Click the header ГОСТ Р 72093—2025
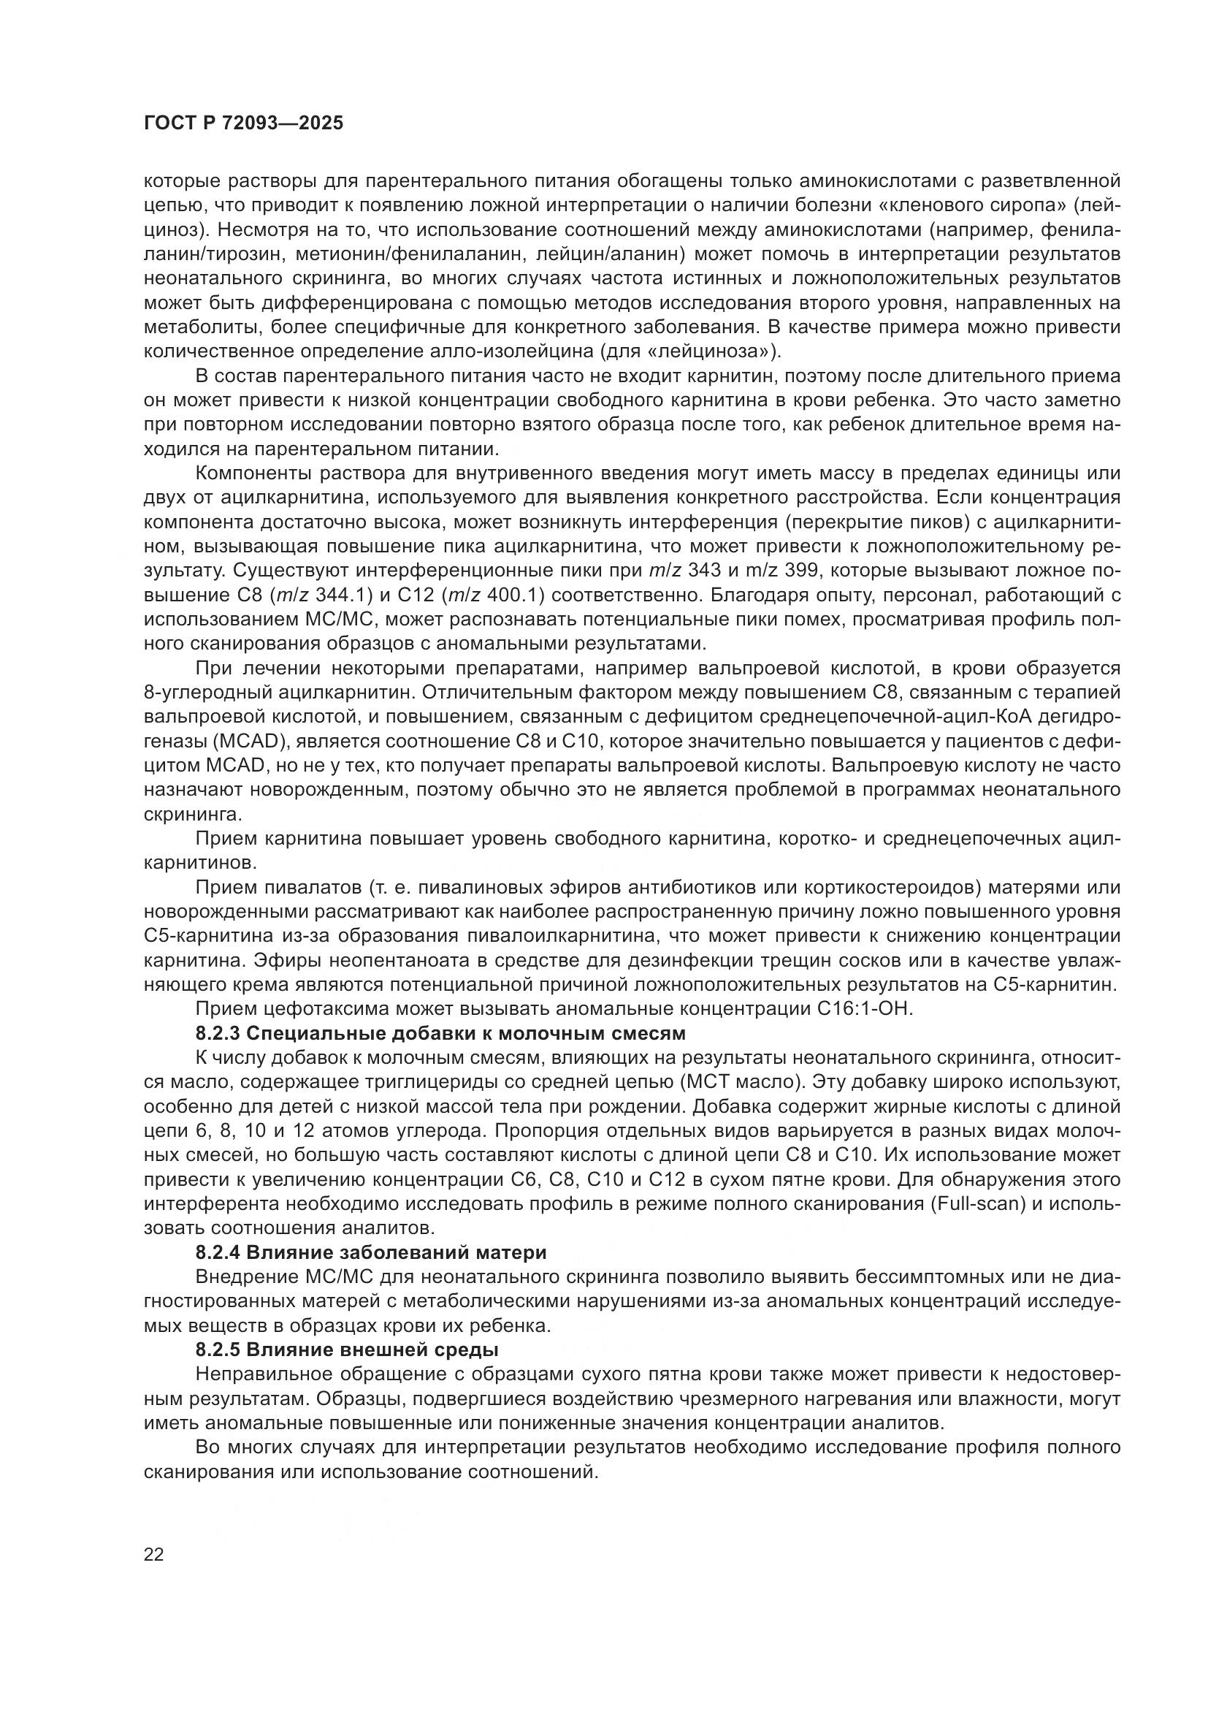click(x=243, y=123)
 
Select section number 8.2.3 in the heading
click(x=218, y=1034)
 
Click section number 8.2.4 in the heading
click(x=218, y=1253)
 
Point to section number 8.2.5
click(x=218, y=1350)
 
